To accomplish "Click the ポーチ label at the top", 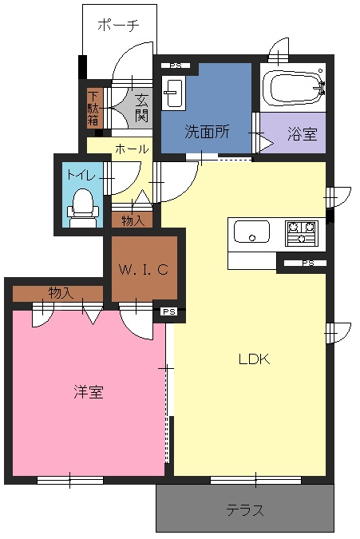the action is point(118,25).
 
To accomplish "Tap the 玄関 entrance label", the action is point(141,108).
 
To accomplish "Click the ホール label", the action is point(132,149).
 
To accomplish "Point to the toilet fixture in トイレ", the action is point(83,208).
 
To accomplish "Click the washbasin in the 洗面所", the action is point(173,93).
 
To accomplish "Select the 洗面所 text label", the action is point(207,131).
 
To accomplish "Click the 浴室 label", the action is point(303,134).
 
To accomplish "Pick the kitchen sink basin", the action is point(251,232).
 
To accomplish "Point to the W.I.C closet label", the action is point(144,269).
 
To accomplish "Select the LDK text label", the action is point(254,359).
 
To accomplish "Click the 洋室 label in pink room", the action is point(89,391).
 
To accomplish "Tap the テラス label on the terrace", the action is point(245,510).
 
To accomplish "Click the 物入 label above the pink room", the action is point(61,293).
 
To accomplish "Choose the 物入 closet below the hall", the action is point(132,220).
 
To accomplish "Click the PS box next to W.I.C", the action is point(169,311).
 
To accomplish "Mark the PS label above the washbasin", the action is point(176,65).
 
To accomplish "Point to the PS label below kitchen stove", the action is point(308,264).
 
